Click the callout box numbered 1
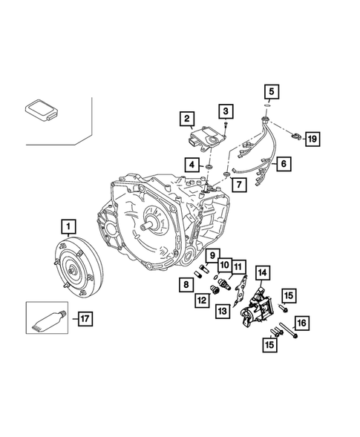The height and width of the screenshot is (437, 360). pos(68,225)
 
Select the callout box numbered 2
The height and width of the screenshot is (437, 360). pos(186,119)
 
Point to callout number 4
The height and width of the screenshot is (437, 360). pos(192,164)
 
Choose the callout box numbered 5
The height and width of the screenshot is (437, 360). pos(272,92)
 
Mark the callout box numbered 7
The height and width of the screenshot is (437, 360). pos(236,185)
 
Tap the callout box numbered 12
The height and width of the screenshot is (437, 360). pos(200,300)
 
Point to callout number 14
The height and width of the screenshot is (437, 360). pos(264,272)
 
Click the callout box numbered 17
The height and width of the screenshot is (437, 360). pos(86,320)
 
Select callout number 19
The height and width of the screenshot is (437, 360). pos(312,139)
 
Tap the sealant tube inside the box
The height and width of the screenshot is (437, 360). pos(50,320)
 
